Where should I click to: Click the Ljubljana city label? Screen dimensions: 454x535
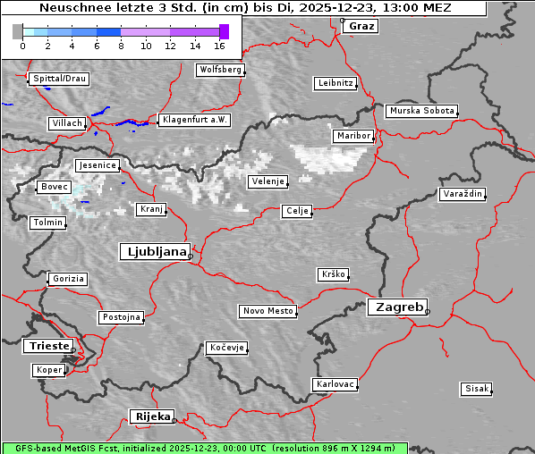coord(154,252)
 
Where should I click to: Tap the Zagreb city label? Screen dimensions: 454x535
coord(396,307)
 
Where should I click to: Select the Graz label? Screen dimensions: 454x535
coord(361,26)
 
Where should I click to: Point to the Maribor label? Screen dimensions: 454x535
coord(352,136)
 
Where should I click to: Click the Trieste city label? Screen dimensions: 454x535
coord(47,346)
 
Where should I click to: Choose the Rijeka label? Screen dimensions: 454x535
coord(152,416)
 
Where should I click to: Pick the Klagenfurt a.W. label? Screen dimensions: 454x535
coord(194,120)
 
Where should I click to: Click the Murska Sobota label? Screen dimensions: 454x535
coord(421,112)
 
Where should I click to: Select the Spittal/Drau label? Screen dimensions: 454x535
coord(59,79)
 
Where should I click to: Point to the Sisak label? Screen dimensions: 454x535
coord(476,389)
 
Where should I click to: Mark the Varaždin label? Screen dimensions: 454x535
coord(463,194)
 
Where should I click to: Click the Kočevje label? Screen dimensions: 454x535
coord(226,348)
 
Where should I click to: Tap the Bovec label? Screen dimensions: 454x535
coord(53,187)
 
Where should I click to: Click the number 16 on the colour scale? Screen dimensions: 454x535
coord(220,44)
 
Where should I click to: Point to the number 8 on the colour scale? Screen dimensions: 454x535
coord(121,44)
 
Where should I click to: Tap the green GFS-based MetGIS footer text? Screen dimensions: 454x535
coord(204,448)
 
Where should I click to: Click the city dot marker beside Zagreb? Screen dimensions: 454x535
coord(428,312)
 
